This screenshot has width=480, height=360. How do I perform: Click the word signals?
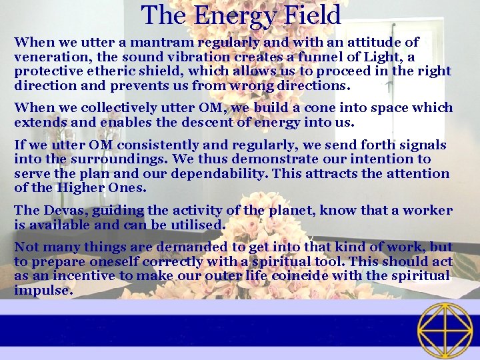click(x=422, y=145)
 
